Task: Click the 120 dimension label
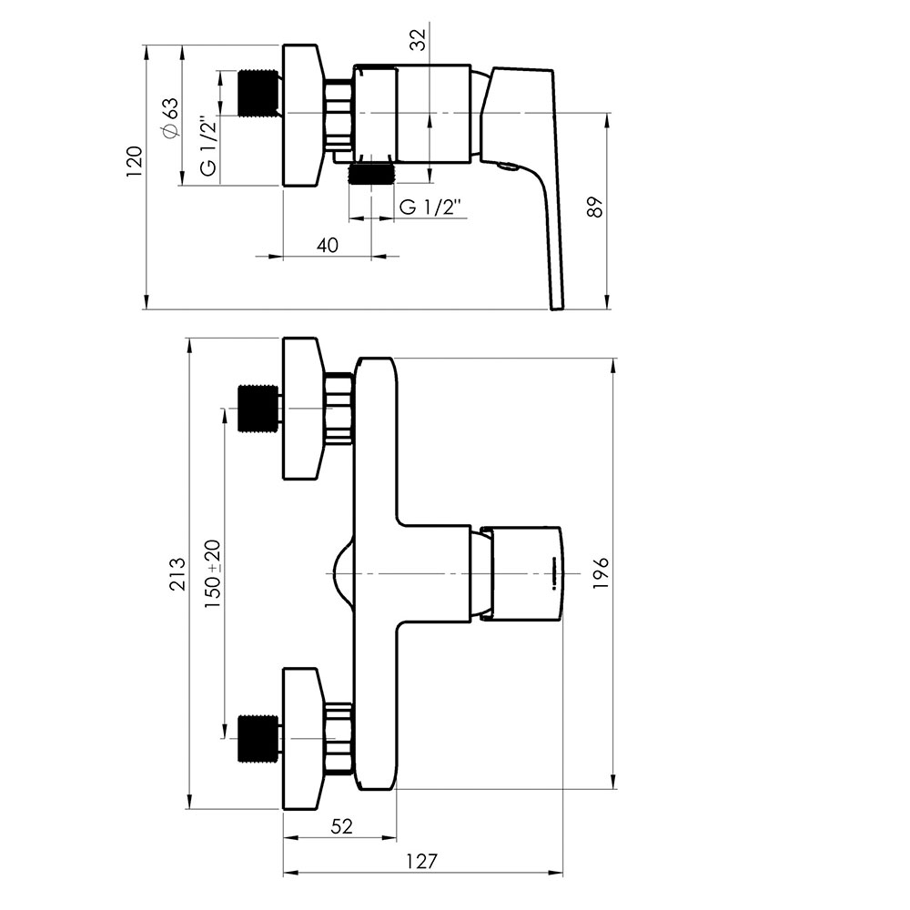pos(135,162)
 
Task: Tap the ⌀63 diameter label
pos(171,117)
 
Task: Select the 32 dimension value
pos(418,39)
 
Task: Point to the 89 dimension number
pos(595,207)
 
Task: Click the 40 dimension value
pos(328,245)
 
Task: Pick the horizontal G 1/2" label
pos(431,207)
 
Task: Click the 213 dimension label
pos(177,573)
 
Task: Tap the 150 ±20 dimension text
pos(212,573)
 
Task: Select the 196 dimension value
pos(601,573)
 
